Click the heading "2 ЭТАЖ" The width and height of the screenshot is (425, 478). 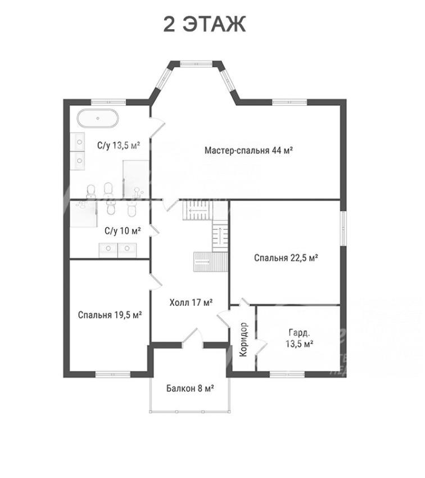(204, 24)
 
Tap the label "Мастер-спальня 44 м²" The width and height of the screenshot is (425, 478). (248, 150)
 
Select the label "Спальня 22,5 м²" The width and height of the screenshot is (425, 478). (286, 258)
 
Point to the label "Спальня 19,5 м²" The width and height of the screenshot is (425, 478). (110, 314)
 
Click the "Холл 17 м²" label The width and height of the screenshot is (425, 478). (191, 303)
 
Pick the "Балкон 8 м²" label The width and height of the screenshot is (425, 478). (190, 389)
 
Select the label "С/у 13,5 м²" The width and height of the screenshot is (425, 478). (119, 145)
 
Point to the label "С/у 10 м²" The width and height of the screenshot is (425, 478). (123, 231)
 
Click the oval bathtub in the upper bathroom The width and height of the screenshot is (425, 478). (97, 118)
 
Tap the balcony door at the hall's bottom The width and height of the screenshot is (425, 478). (193, 339)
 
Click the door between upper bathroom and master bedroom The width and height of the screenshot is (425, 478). (157, 126)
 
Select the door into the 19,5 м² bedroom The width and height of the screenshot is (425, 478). (156, 281)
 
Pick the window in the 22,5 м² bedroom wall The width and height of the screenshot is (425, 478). (343, 228)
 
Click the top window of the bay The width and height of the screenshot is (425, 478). (196, 64)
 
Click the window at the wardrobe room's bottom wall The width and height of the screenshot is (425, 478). (287, 374)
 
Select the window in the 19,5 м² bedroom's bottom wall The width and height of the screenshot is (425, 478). (113, 374)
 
